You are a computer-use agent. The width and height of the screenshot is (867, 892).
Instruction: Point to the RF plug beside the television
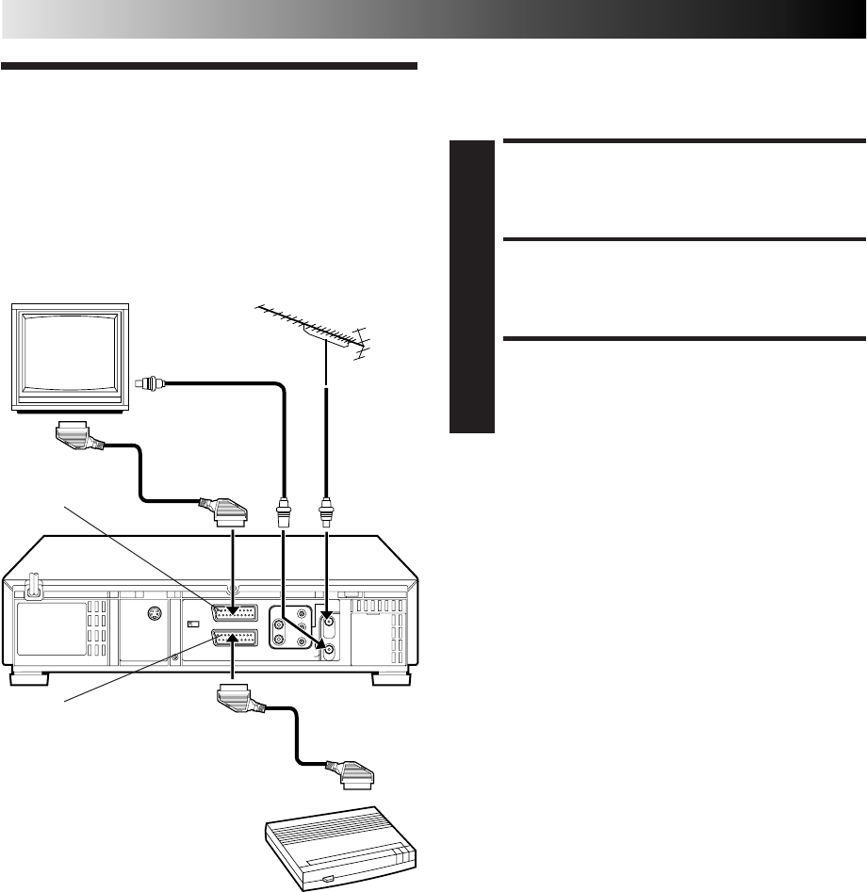click(x=149, y=382)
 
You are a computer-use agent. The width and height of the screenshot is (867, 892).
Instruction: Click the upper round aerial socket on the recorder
click(x=328, y=620)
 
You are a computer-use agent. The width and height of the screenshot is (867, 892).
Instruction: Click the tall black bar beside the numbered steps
click(x=472, y=286)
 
